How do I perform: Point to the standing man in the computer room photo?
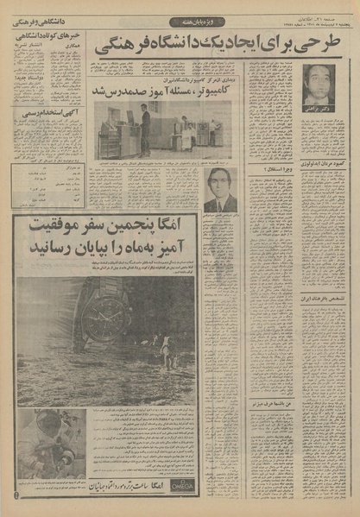point(145,129)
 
